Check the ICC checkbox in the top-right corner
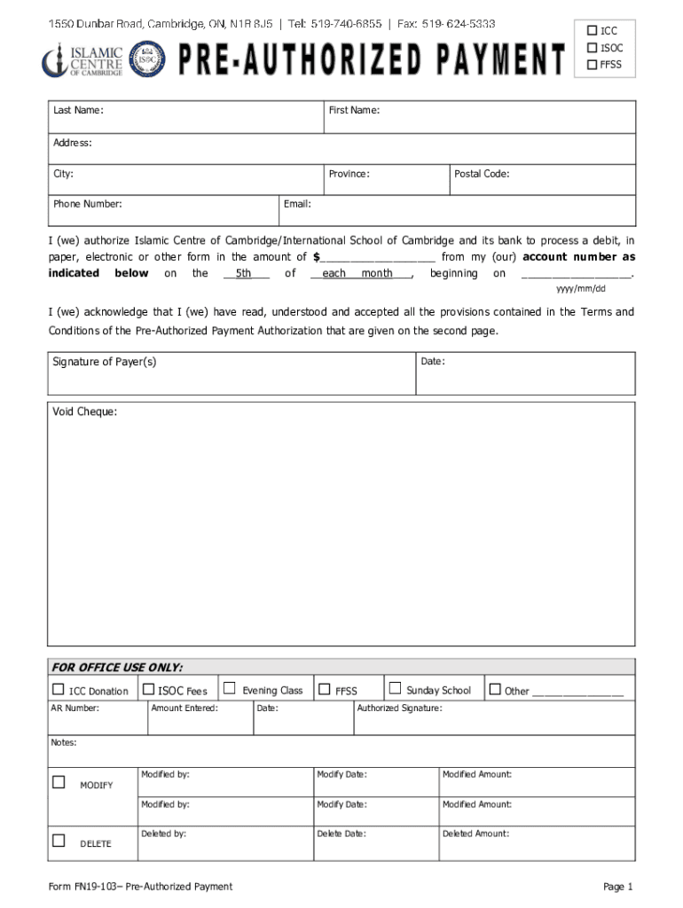click(x=593, y=30)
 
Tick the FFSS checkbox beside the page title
click(x=593, y=64)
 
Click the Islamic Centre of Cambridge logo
click(x=82, y=60)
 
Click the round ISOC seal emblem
click(x=147, y=61)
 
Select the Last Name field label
click(x=78, y=110)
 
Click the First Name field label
click(x=354, y=110)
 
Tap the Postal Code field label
click(x=481, y=174)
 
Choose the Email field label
click(x=297, y=204)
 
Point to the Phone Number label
click(x=87, y=204)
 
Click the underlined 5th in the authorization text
click(x=244, y=273)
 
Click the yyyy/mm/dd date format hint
click(x=580, y=289)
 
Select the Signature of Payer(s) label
click(x=105, y=362)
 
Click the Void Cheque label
click(x=84, y=411)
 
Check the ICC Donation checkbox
click(x=59, y=690)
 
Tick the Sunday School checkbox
click(x=396, y=689)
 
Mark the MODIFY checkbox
click(x=59, y=782)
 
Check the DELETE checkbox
click(x=59, y=841)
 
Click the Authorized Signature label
click(x=399, y=708)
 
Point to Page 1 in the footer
click(x=617, y=887)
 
